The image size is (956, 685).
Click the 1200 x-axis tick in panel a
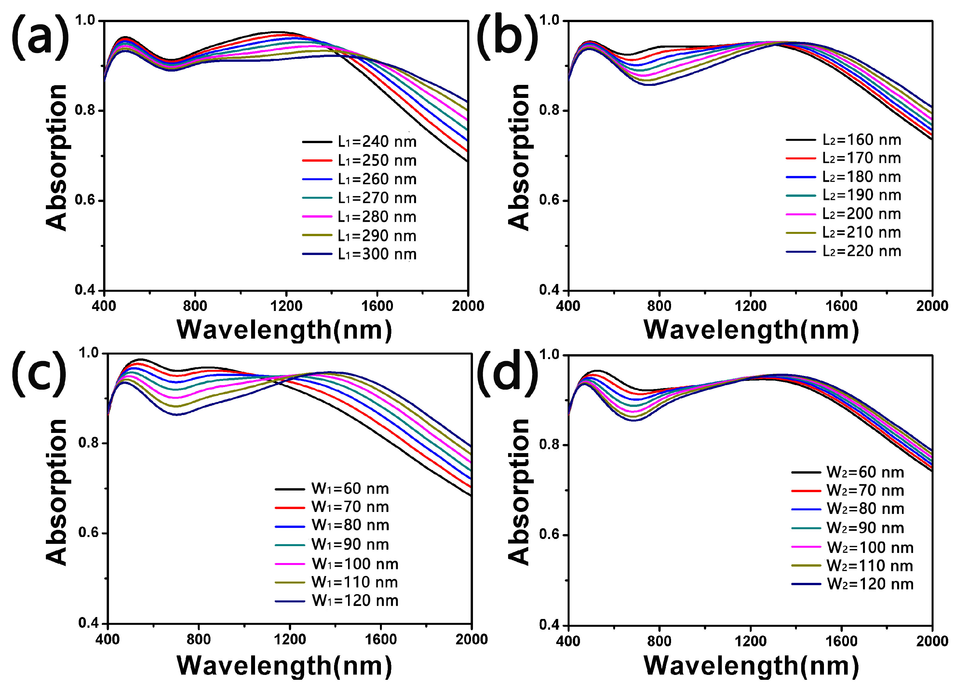tap(286, 306)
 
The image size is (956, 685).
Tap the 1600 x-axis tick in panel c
tap(381, 639)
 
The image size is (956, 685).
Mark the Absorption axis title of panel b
tap(518, 157)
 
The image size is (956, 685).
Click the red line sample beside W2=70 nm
tap(806, 491)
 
